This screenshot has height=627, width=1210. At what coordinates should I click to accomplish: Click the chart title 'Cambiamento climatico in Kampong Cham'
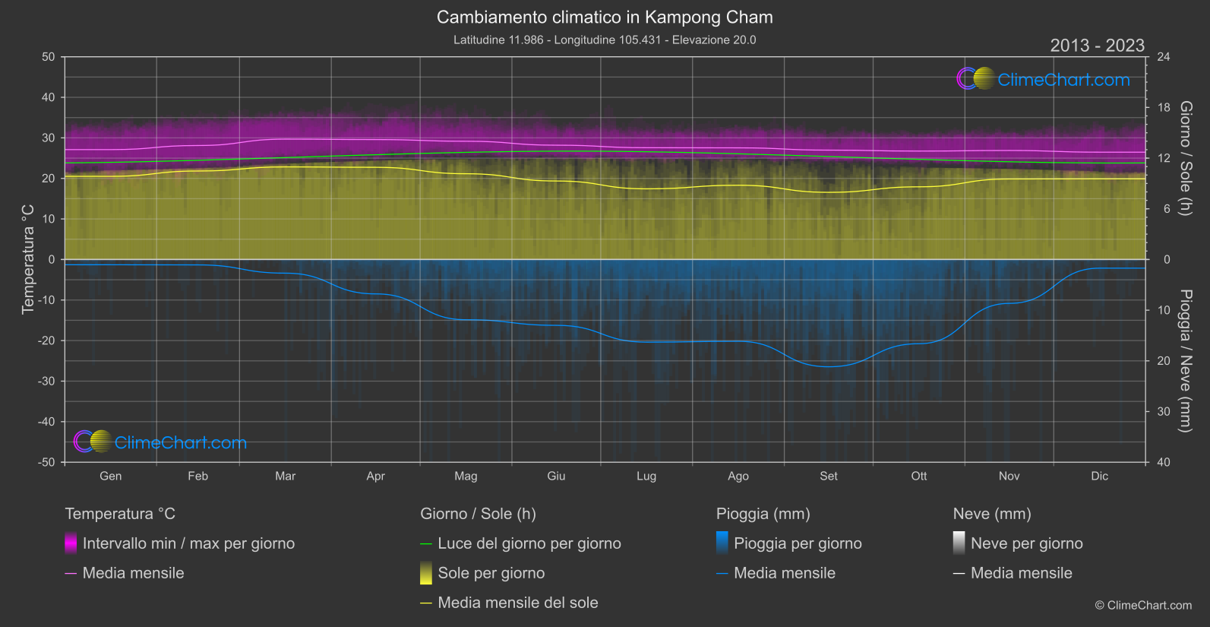(605, 17)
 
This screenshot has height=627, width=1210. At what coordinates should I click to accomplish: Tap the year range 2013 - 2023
(1097, 46)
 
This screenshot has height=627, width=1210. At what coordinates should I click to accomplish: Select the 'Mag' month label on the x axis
(466, 477)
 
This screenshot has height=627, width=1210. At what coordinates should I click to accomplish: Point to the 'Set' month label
(828, 477)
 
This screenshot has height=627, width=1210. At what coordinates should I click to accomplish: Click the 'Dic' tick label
(1099, 477)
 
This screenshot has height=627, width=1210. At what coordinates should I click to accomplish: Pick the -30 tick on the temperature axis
(46, 382)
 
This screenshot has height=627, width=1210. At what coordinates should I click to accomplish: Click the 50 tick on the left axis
(49, 57)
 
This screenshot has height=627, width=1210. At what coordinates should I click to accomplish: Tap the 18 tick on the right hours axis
(1163, 108)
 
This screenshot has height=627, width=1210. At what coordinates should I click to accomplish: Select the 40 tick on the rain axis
(1163, 462)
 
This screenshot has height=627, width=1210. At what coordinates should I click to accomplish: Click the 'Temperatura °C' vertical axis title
(28, 258)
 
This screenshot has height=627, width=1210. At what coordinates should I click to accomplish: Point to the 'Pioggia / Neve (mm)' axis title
(1185, 361)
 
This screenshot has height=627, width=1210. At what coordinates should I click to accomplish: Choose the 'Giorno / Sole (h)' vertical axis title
(1185, 158)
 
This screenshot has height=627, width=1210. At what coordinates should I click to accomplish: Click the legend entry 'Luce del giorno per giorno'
(529, 543)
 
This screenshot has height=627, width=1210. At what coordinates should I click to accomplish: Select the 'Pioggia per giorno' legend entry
(798, 543)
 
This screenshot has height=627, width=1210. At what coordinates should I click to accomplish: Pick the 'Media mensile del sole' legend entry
(517, 603)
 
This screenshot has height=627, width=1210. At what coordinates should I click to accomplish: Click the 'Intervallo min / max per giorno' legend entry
(188, 543)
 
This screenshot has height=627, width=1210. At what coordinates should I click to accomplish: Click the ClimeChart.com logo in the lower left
(160, 442)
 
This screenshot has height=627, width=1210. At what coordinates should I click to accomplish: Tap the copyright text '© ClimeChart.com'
(1143, 605)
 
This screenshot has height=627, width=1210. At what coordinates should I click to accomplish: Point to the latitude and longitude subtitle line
(605, 40)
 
